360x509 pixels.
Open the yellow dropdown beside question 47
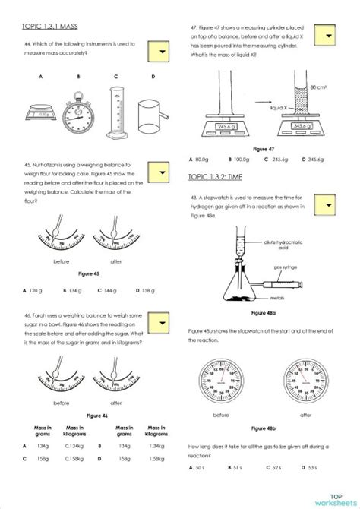(x=326, y=38)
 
